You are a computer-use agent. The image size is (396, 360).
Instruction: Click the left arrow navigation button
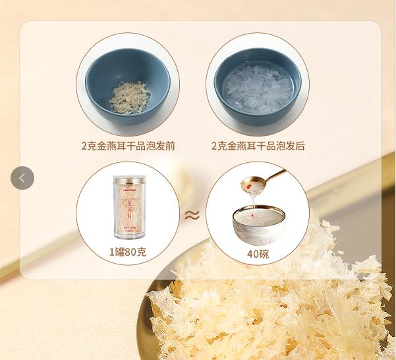[22, 178]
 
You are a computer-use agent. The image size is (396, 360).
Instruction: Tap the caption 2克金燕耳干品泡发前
[128, 146]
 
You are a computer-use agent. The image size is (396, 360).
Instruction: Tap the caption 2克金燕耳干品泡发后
[258, 146]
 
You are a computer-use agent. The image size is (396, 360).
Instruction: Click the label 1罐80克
[128, 253]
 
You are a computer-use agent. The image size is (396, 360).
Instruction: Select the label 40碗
[258, 253]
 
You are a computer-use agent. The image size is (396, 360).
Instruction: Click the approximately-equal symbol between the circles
[192, 215]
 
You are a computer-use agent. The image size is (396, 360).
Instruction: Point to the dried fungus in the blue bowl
[128, 97]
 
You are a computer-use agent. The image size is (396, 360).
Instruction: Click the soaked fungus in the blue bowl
[258, 89]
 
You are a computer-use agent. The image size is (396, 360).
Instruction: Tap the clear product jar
[128, 208]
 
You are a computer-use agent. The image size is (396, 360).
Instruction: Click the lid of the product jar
[128, 179]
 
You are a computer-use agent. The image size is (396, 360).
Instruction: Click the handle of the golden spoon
[275, 176]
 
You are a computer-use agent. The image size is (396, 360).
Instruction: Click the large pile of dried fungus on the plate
[277, 310]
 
